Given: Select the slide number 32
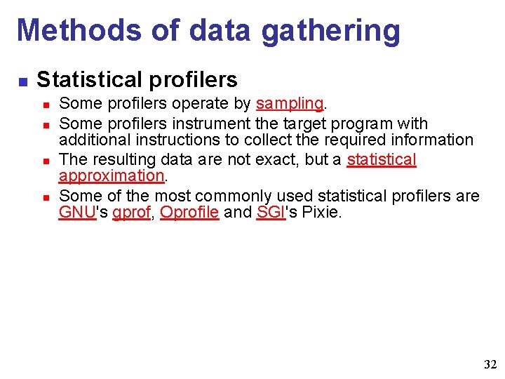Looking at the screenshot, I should (490, 365).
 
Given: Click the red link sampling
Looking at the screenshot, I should (289, 104).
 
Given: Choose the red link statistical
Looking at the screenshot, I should (382, 159).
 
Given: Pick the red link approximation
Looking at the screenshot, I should (111, 176).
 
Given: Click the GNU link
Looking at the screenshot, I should (76, 213).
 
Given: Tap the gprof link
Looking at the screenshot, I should (131, 213).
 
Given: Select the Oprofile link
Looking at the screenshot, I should (189, 213).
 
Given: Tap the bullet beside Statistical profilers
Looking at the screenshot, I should (22, 81).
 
